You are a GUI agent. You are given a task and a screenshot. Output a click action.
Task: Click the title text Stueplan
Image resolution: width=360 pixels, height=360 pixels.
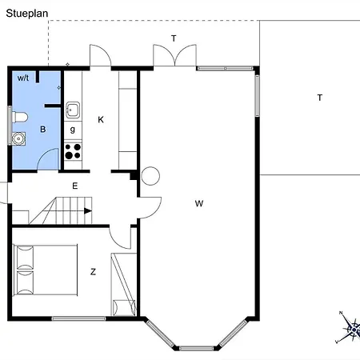tap(27, 14)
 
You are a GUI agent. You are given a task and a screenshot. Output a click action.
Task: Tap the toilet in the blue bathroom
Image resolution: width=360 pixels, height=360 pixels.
tap(20, 118)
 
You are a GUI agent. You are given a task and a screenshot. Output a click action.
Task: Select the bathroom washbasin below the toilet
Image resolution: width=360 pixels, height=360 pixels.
tap(18, 138)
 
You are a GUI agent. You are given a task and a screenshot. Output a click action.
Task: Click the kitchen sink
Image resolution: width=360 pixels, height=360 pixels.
tap(73, 110)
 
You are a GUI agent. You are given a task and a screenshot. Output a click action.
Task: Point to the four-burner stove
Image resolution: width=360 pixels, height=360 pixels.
tap(73, 151)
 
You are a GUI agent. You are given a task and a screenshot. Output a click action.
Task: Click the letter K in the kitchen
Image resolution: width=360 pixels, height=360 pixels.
tap(101, 120)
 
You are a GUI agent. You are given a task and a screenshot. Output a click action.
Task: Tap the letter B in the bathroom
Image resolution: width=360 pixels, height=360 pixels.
tap(42, 130)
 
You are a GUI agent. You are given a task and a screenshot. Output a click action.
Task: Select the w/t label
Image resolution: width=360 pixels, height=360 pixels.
tap(23, 78)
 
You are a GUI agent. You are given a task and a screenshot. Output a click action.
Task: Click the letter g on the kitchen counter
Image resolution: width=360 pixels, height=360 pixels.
tap(73, 130)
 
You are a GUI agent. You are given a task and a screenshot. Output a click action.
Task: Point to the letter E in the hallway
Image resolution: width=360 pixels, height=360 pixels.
tap(75, 186)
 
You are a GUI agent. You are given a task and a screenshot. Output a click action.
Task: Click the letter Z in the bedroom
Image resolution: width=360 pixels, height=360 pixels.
tap(93, 272)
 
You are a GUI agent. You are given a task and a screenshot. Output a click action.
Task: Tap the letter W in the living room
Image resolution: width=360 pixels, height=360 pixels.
tap(199, 203)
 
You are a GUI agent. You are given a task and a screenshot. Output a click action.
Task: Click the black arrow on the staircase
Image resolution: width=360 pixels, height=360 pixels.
tap(88, 211)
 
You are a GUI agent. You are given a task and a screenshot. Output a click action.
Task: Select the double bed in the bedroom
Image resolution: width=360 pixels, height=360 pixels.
tap(46, 270)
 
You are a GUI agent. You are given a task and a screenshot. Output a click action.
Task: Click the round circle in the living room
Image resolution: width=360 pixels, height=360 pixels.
tap(150, 176)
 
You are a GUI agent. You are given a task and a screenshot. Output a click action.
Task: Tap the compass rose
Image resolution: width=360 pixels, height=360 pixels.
tap(350, 327)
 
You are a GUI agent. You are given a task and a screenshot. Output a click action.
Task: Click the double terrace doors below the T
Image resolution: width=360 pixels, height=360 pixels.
tap(174, 55)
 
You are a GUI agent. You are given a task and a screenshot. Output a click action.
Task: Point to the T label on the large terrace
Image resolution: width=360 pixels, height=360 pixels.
tap(320, 98)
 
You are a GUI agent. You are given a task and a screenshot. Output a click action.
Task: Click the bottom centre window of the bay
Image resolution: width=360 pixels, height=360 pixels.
tap(196, 348)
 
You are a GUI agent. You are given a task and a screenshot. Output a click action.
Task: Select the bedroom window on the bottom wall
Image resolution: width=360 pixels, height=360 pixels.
tap(78, 318)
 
